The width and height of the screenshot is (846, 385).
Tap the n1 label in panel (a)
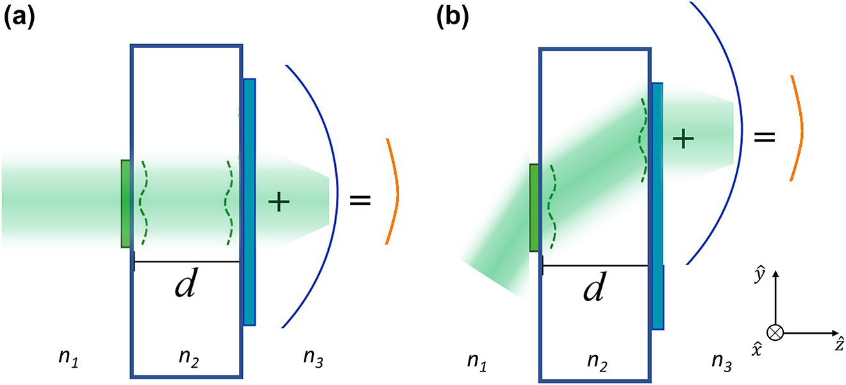coord(67,363)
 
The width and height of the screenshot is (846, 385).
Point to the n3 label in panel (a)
coord(312,363)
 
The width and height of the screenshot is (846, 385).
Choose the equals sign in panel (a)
coord(360,200)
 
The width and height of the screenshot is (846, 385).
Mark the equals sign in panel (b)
coord(764,136)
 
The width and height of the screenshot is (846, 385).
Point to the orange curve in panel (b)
coord(799,128)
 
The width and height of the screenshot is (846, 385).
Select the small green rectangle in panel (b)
coord(535,208)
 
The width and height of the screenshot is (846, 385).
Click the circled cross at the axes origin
coord(776,332)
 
